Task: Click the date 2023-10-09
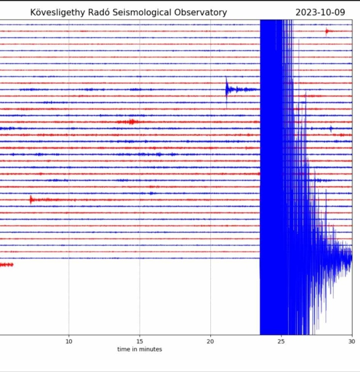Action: point(320,13)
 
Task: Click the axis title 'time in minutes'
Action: point(140,349)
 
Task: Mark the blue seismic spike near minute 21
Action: point(227,89)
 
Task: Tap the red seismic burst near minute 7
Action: point(31,199)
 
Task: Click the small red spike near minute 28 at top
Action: point(327,31)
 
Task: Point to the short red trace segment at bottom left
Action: point(6,264)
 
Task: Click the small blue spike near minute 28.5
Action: point(331,128)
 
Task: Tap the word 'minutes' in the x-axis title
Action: point(151,349)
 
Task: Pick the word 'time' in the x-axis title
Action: point(123,349)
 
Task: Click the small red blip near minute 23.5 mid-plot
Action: point(258,173)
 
